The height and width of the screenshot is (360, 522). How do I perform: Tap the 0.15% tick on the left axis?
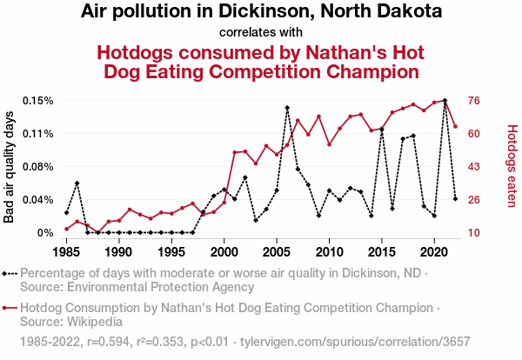[x=38, y=101]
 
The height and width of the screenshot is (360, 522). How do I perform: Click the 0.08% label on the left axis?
[x=38, y=167]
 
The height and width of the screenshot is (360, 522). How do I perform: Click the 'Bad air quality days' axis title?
[x=10, y=167]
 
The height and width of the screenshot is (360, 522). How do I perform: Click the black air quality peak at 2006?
[x=287, y=108]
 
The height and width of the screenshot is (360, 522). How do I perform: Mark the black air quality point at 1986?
[x=77, y=183]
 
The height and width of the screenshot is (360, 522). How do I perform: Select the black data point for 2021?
[x=445, y=101]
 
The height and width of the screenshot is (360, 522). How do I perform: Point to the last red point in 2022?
[x=455, y=127]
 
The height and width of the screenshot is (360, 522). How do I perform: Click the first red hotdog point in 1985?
[x=66, y=229]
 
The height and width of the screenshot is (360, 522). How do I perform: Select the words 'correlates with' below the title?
[x=261, y=33]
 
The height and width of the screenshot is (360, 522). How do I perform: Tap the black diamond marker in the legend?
[x=6, y=272]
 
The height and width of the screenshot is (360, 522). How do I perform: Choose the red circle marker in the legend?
[x=6, y=308]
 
